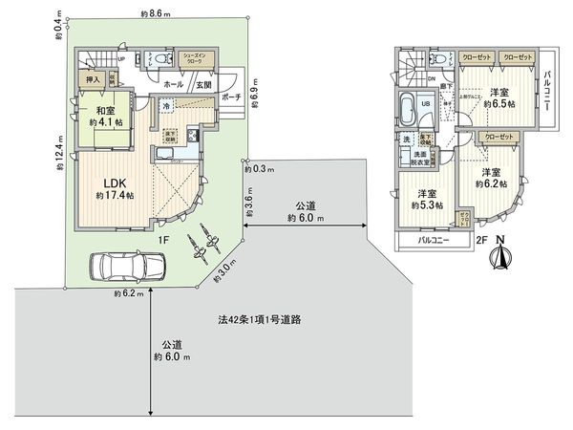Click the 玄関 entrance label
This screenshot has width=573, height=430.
205,84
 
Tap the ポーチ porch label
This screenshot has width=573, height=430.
229,97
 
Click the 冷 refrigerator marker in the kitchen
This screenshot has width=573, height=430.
167,106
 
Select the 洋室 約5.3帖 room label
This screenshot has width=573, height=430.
422,199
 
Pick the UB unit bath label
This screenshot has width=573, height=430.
427,105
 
